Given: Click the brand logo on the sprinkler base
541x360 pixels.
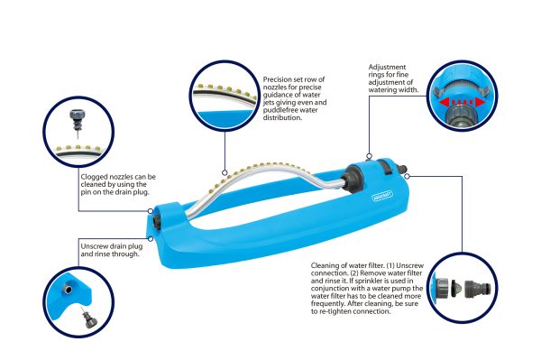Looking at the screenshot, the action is click(382, 196).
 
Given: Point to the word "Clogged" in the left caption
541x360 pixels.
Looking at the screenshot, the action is click(94, 177).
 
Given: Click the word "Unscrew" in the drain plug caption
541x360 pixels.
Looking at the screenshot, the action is click(94, 246).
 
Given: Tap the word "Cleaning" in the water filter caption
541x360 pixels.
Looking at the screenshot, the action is click(326, 265).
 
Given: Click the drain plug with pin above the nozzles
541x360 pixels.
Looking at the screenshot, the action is click(77, 123).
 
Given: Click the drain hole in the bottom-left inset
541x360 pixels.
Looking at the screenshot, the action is click(69, 289).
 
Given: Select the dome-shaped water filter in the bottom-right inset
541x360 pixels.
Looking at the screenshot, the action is click(457, 290).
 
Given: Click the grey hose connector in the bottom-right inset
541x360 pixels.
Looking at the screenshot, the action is click(477, 290).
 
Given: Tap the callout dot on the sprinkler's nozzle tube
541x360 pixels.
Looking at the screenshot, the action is click(225, 172).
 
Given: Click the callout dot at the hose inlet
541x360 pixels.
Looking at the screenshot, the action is click(408, 176).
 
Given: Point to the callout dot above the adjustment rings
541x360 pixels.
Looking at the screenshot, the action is click(369, 156).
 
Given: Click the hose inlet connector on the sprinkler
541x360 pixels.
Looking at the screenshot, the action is click(401, 169).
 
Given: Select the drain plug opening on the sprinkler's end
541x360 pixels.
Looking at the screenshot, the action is click(157, 222).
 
